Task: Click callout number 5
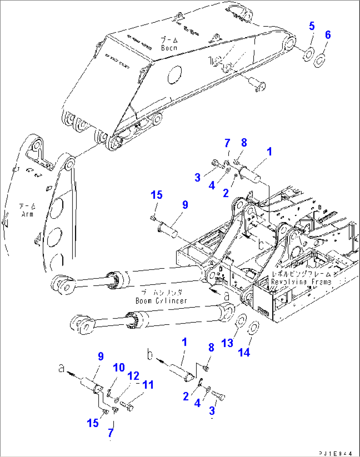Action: tap(312, 26)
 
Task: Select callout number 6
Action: tap(328, 35)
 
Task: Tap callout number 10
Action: tap(119, 368)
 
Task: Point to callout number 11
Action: tap(148, 385)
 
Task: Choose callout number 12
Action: tap(133, 376)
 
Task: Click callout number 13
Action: tap(227, 343)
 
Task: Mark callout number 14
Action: tap(244, 352)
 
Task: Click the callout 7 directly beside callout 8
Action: tap(227, 143)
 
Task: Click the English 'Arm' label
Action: tap(27, 214)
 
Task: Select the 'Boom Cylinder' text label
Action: tap(161, 300)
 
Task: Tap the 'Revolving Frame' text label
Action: tap(301, 282)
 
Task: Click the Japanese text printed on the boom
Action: tap(169, 40)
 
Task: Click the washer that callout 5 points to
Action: tap(308, 54)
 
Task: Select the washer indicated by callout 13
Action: tap(241, 320)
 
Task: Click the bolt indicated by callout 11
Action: tap(127, 405)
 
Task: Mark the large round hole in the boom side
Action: tap(175, 75)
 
